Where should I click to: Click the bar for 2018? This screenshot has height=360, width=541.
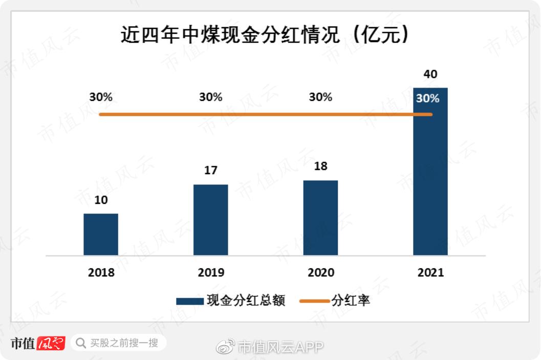tap(101, 234)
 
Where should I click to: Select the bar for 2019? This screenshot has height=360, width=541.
tap(210, 220)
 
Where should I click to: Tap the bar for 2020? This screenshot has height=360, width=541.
tap(320, 218)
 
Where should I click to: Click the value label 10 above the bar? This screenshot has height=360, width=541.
tap(101, 200)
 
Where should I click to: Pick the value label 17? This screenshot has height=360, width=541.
tap(210, 171)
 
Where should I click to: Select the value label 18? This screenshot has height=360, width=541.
tap(320, 166)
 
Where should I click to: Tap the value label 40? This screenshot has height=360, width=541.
tap(430, 74)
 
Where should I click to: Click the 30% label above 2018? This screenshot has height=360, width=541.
tap(101, 97)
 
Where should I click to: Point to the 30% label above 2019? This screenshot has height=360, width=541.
tap(210, 97)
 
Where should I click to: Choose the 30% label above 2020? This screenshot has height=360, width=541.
tap(320, 97)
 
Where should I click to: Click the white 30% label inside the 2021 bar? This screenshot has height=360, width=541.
tap(428, 98)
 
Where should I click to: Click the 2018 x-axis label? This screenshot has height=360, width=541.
tap(101, 272)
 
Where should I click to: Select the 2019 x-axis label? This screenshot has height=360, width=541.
tap(210, 272)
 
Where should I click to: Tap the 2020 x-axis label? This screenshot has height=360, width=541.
tap(320, 272)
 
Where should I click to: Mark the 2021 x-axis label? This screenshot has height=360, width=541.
tap(430, 272)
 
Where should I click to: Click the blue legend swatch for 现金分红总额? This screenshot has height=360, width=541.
tap(189, 301)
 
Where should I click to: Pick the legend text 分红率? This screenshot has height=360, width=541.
tap(351, 301)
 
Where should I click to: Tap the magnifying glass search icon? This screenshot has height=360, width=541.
tap(80, 343)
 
